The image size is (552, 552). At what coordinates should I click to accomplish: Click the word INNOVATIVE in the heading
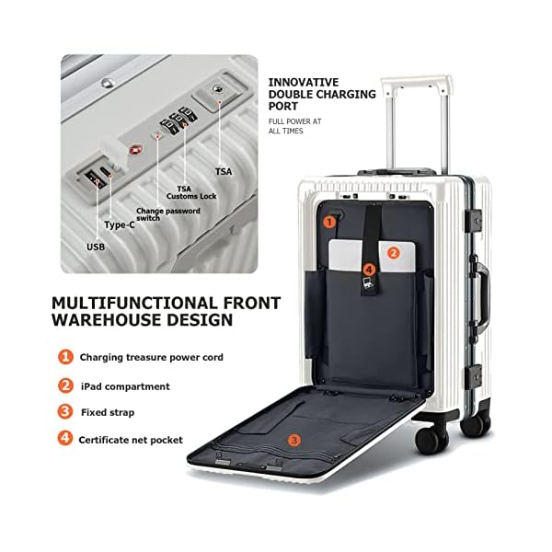(304, 82)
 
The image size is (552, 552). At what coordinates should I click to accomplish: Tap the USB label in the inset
(96, 247)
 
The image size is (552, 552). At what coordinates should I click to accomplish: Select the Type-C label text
(120, 224)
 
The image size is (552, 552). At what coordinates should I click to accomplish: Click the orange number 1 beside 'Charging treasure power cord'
(66, 357)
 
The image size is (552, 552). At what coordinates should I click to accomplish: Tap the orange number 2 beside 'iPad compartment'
(66, 385)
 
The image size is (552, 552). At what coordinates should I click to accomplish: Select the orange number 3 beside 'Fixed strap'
(66, 412)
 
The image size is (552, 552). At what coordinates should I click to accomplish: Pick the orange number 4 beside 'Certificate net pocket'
(66, 439)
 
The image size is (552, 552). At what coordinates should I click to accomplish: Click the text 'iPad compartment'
(124, 386)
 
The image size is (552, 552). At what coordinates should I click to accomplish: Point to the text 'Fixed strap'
(107, 413)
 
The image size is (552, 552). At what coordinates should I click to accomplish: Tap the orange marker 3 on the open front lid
(293, 440)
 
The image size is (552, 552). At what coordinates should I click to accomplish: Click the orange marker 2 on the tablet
(393, 252)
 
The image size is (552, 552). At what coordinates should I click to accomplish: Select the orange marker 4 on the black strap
(369, 270)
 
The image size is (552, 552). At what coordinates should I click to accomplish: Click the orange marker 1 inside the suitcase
(329, 221)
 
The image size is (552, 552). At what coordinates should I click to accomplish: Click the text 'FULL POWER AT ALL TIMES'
(294, 126)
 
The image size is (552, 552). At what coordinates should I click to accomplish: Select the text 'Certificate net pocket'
(131, 440)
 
